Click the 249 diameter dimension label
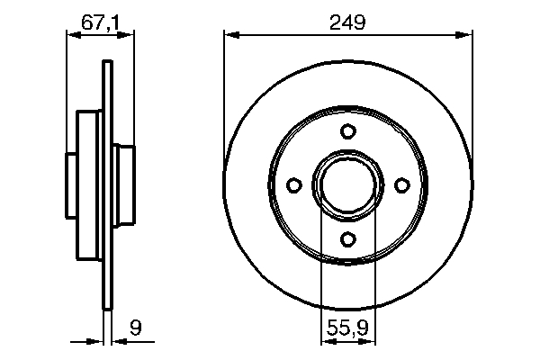(x=347, y=24)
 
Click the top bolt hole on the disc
(x=347, y=131)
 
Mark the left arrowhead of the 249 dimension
(x=229, y=35)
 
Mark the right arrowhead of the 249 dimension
(x=466, y=35)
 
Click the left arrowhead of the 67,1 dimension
(x=72, y=35)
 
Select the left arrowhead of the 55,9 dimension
(x=327, y=341)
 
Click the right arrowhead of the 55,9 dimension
(x=368, y=341)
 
